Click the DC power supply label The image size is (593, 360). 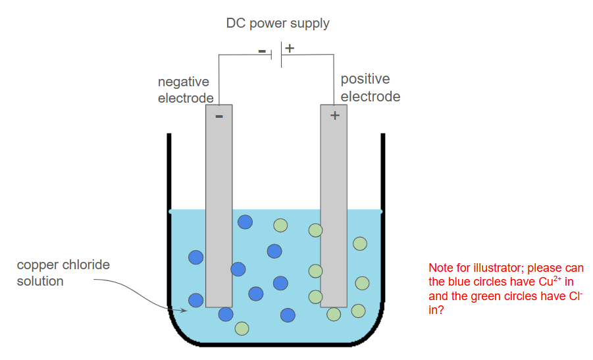coord(278,24)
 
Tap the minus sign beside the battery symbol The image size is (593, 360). coord(261,51)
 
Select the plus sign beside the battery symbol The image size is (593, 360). coord(290,48)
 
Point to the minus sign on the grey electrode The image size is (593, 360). coord(219,116)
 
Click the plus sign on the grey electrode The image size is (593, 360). coord(334,115)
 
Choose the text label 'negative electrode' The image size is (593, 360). coord(185,90)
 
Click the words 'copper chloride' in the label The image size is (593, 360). coord(63,265)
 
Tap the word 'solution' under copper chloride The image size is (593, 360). coord(40,281)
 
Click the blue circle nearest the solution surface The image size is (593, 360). coord(245,222)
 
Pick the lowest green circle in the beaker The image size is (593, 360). coord(242,328)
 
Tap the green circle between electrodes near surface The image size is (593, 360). coord(280,225)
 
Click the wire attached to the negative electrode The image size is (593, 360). coord(219,79)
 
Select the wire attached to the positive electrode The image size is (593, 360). coord(334,79)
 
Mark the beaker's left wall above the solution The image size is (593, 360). coord(169,171)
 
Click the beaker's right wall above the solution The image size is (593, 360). coord(382,171)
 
